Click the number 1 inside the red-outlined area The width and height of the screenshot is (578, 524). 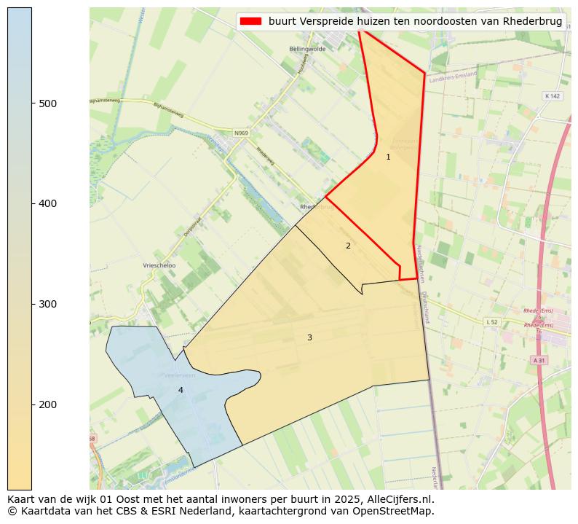tap(388, 157)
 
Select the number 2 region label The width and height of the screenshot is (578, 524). tap(348, 246)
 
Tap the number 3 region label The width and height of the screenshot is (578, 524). tap(309, 337)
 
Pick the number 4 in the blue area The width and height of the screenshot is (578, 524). tap(181, 390)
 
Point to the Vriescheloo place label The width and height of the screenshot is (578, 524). tap(159, 265)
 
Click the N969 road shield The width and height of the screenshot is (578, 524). tap(241, 133)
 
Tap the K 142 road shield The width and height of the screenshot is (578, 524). tap(552, 96)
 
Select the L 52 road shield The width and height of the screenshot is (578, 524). tap(492, 321)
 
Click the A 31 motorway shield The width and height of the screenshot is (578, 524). tap(539, 360)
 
